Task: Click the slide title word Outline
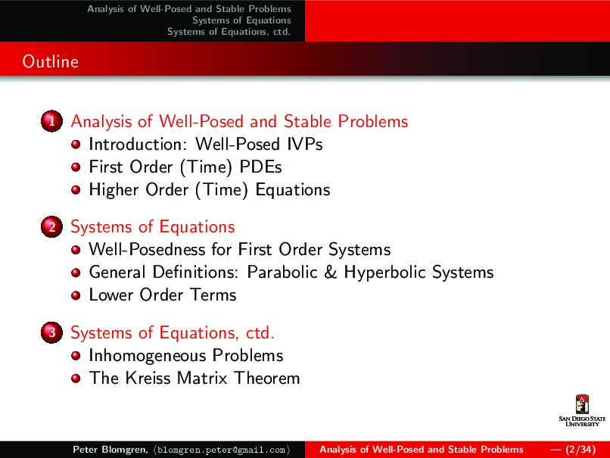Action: tap(50, 61)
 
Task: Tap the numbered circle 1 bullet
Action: tap(51, 121)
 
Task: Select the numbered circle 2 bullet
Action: tap(51, 226)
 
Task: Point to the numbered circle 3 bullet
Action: tap(51, 332)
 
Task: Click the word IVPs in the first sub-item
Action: tap(304, 144)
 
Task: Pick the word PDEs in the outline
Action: tap(260, 167)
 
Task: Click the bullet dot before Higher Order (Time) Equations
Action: tap(76, 190)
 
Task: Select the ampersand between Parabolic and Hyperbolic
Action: tap(330, 272)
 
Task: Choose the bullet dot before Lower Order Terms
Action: tap(76, 295)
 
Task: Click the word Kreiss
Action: tap(148, 379)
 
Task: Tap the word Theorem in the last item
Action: tap(267, 379)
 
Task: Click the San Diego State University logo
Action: tap(582, 410)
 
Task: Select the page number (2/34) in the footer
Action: tap(580, 450)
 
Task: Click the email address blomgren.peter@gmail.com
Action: tap(222, 450)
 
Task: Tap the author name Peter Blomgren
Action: tap(110, 450)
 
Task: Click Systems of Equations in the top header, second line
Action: tap(241, 20)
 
